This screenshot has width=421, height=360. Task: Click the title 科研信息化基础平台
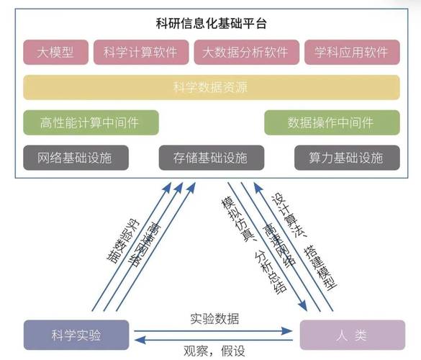[211, 23]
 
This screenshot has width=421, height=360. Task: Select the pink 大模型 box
[55, 52]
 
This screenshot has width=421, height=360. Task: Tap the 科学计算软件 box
[140, 52]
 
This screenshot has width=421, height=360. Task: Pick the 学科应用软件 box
[351, 52]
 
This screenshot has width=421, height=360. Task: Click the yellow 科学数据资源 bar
[211, 87]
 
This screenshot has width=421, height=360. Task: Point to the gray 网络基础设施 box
[76, 158]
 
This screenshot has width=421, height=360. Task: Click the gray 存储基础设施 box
[211, 158]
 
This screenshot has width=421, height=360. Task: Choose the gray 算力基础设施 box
[346, 158]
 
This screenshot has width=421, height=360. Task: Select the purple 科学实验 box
[76, 336]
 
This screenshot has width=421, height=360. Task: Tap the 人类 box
[352, 336]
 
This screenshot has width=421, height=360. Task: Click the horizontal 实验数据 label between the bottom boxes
[214, 319]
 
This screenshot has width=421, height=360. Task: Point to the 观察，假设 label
[214, 351]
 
